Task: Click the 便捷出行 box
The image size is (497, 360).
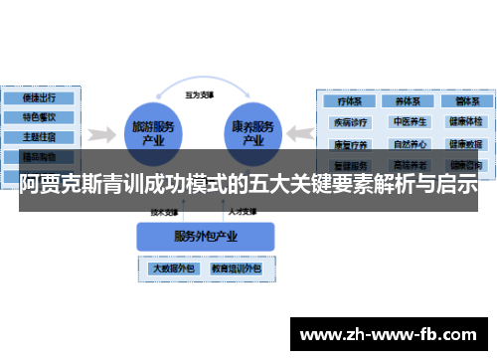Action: coord(38,98)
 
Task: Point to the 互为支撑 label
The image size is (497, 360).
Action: coord(202,95)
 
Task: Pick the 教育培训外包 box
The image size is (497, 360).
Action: coord(235,269)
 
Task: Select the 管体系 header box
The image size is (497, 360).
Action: coord(463,101)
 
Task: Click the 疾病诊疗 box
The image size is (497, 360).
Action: coord(351,122)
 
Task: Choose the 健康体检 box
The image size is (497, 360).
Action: coord(463,122)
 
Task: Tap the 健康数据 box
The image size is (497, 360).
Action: coord(463,143)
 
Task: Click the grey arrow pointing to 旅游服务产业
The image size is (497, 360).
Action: coord(98,132)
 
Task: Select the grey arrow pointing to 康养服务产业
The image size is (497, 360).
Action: coord(302,132)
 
